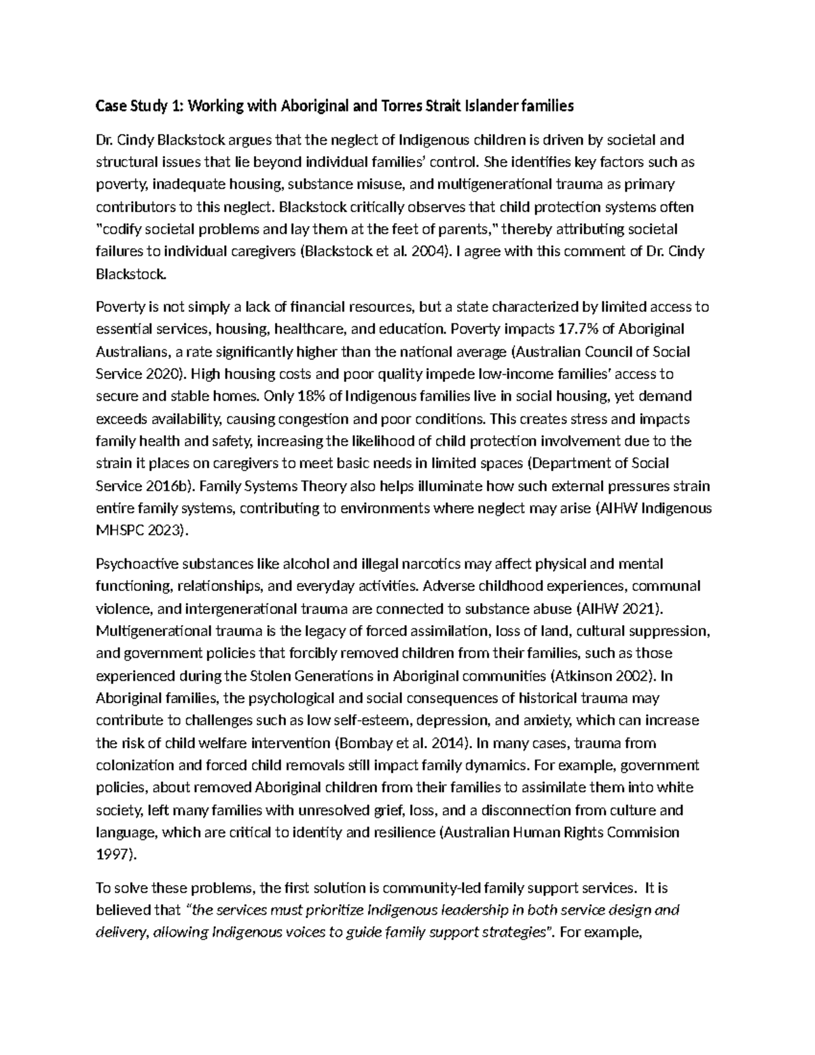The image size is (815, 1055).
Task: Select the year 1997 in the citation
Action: pos(113,855)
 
